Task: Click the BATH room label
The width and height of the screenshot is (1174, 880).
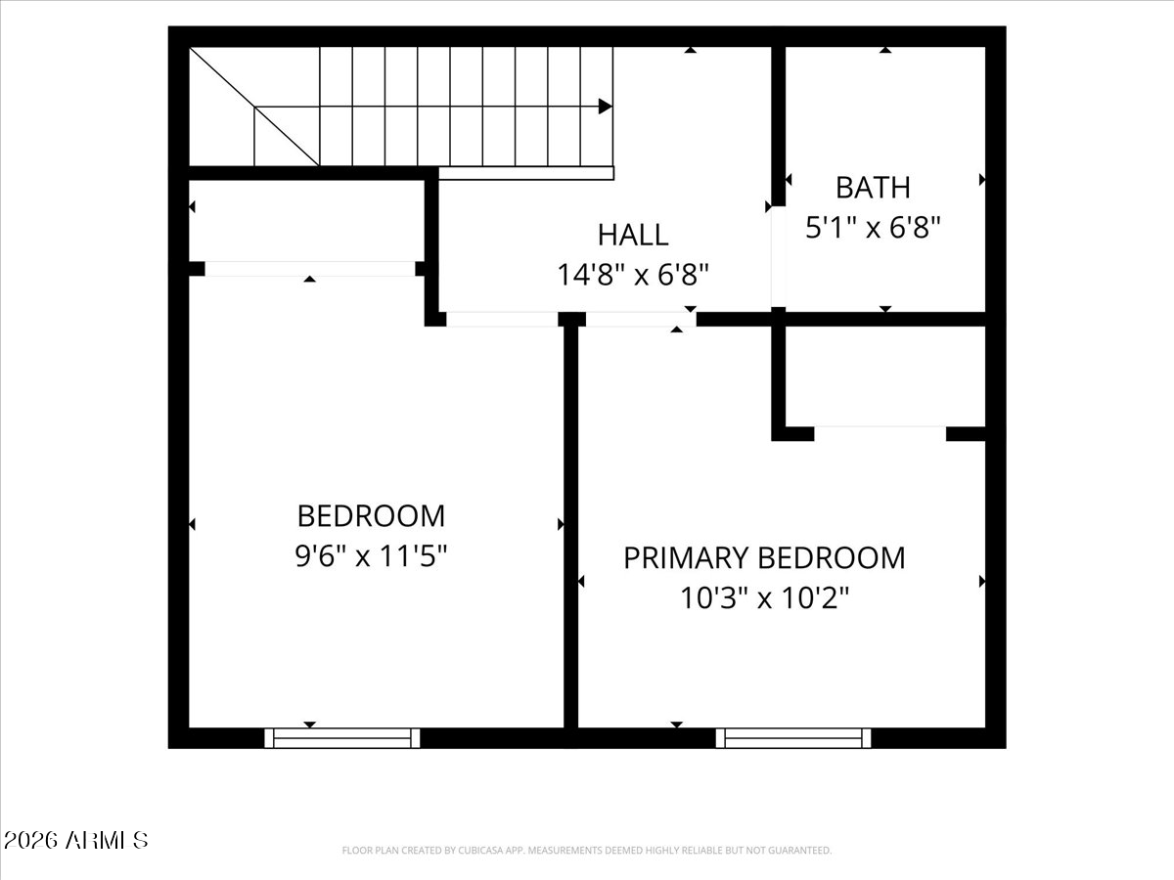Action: [873, 188]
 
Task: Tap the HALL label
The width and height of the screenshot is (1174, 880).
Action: [633, 235]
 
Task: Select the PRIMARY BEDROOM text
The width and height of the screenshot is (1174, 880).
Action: [764, 557]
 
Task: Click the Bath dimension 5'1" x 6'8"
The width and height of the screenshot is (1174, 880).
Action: [873, 228]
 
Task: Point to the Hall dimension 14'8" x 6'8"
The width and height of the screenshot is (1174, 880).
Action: [633, 275]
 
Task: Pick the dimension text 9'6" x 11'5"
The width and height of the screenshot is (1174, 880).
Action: [371, 555]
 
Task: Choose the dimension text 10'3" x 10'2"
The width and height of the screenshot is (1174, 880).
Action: [764, 597]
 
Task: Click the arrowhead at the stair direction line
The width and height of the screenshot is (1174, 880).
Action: [605, 107]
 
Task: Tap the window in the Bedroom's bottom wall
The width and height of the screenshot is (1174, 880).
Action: [342, 738]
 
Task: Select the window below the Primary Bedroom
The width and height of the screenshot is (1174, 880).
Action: [793, 738]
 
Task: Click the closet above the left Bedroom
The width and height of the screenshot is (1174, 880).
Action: [307, 221]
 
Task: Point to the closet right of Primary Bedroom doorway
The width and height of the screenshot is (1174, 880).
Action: [885, 376]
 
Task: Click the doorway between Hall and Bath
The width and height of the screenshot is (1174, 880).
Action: [778, 256]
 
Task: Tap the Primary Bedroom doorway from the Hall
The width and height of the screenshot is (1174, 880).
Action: [641, 320]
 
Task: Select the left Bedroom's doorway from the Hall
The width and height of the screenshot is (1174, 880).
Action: [502, 320]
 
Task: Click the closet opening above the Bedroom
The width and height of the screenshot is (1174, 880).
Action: [310, 269]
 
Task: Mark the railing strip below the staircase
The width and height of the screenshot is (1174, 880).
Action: [526, 173]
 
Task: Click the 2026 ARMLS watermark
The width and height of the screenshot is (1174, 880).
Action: [75, 841]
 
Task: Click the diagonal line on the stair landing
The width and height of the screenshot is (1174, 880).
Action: [254, 107]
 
